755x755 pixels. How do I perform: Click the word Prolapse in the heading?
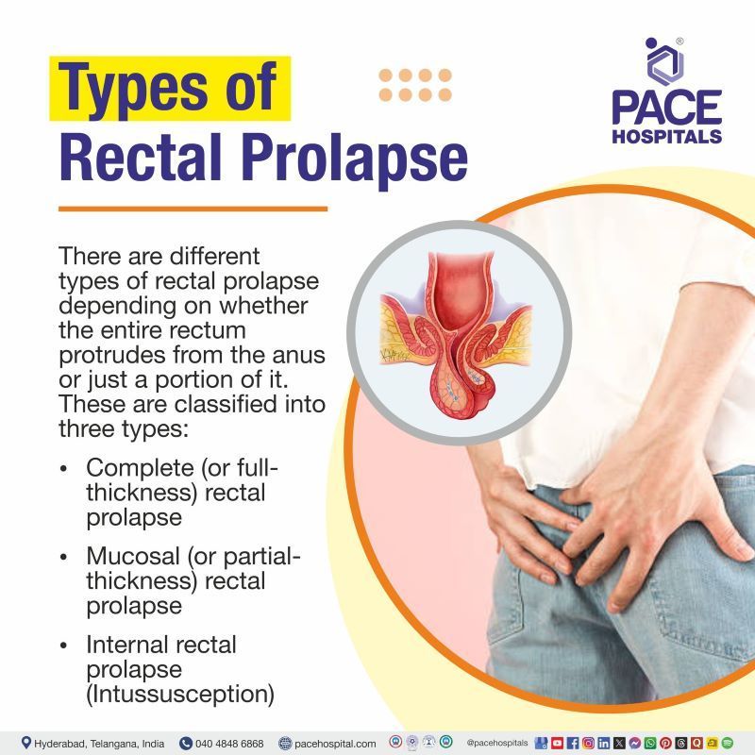(x=358, y=158)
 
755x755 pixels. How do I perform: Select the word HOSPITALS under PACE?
(x=666, y=136)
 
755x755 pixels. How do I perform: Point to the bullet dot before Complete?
(x=63, y=468)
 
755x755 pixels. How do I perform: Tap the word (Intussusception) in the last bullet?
(x=180, y=695)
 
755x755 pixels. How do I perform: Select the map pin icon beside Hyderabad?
(x=25, y=743)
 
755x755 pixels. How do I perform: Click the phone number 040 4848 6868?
(x=229, y=743)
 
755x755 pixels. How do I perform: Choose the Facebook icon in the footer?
(x=572, y=743)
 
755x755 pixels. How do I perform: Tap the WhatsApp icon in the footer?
(x=651, y=743)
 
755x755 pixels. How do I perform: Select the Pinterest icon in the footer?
(x=666, y=743)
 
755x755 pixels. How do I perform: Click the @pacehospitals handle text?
(x=496, y=743)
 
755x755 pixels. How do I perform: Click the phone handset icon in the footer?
(x=185, y=743)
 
